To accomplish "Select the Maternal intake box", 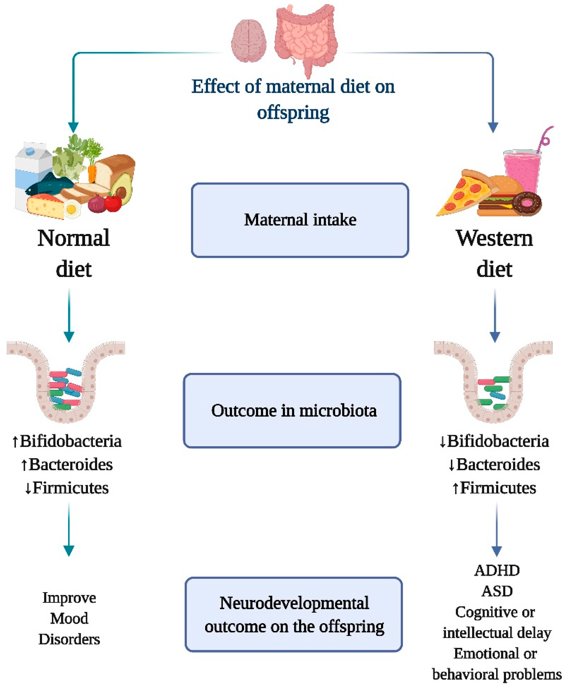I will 300,220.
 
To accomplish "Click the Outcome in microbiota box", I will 292,410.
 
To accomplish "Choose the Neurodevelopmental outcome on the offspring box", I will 294,615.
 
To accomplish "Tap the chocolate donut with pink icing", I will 527,203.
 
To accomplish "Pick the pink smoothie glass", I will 522,170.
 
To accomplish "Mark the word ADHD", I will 497,571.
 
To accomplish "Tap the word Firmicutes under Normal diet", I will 70,488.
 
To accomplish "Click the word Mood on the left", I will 69,618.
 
